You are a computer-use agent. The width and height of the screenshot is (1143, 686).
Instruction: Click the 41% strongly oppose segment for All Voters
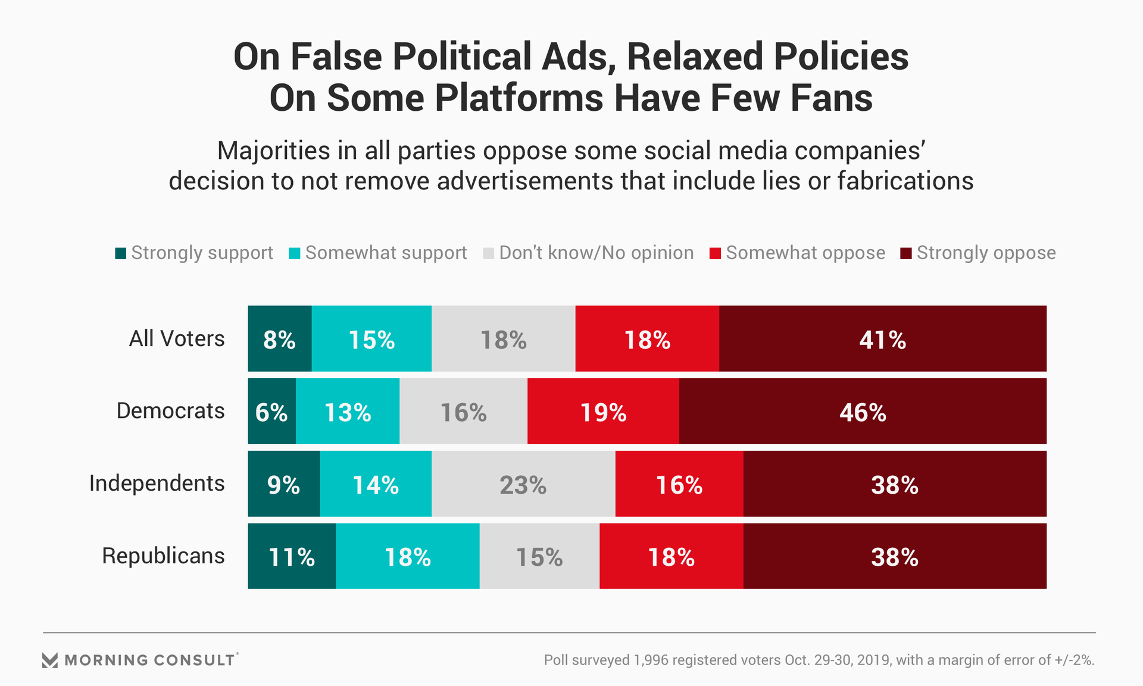(882, 339)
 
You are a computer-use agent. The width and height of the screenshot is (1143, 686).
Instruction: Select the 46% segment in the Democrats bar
(863, 411)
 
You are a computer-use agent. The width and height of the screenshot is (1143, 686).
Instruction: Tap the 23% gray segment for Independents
(523, 484)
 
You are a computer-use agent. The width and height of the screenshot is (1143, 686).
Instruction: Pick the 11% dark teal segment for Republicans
(292, 557)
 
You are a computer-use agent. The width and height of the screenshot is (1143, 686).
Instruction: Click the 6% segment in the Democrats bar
(271, 411)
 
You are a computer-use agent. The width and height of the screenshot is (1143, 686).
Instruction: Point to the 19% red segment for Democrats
(603, 411)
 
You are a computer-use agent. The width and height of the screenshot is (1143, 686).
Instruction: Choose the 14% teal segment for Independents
(376, 484)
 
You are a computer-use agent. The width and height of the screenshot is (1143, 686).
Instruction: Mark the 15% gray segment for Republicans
(539, 557)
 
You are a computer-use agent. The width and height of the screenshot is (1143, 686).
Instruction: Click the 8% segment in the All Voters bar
(279, 339)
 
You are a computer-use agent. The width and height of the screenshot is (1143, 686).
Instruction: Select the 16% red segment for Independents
(679, 484)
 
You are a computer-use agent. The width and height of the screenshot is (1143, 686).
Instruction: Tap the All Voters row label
(177, 339)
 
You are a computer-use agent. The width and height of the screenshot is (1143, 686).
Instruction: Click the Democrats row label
(170, 411)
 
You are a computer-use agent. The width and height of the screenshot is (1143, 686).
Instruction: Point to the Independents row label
(157, 484)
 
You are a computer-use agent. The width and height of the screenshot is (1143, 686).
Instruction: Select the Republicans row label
(163, 556)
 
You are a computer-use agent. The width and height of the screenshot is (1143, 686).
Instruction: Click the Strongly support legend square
(121, 253)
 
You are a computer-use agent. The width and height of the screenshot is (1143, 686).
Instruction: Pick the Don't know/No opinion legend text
(597, 253)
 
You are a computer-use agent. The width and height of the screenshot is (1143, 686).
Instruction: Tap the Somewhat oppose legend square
(715, 253)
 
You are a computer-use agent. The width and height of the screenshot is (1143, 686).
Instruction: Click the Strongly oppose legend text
(986, 253)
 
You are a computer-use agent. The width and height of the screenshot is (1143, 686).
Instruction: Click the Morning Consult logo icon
(50, 660)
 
